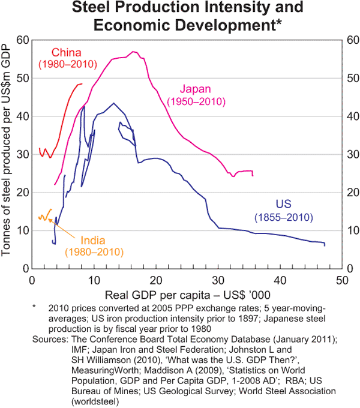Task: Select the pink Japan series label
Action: coord(196,89)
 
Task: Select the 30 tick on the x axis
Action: coord(218,280)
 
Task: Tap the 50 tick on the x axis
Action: coord(342,280)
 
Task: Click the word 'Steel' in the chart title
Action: coord(92,8)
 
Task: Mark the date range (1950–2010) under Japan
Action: coord(196,101)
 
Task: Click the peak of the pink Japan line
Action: coord(132,52)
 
